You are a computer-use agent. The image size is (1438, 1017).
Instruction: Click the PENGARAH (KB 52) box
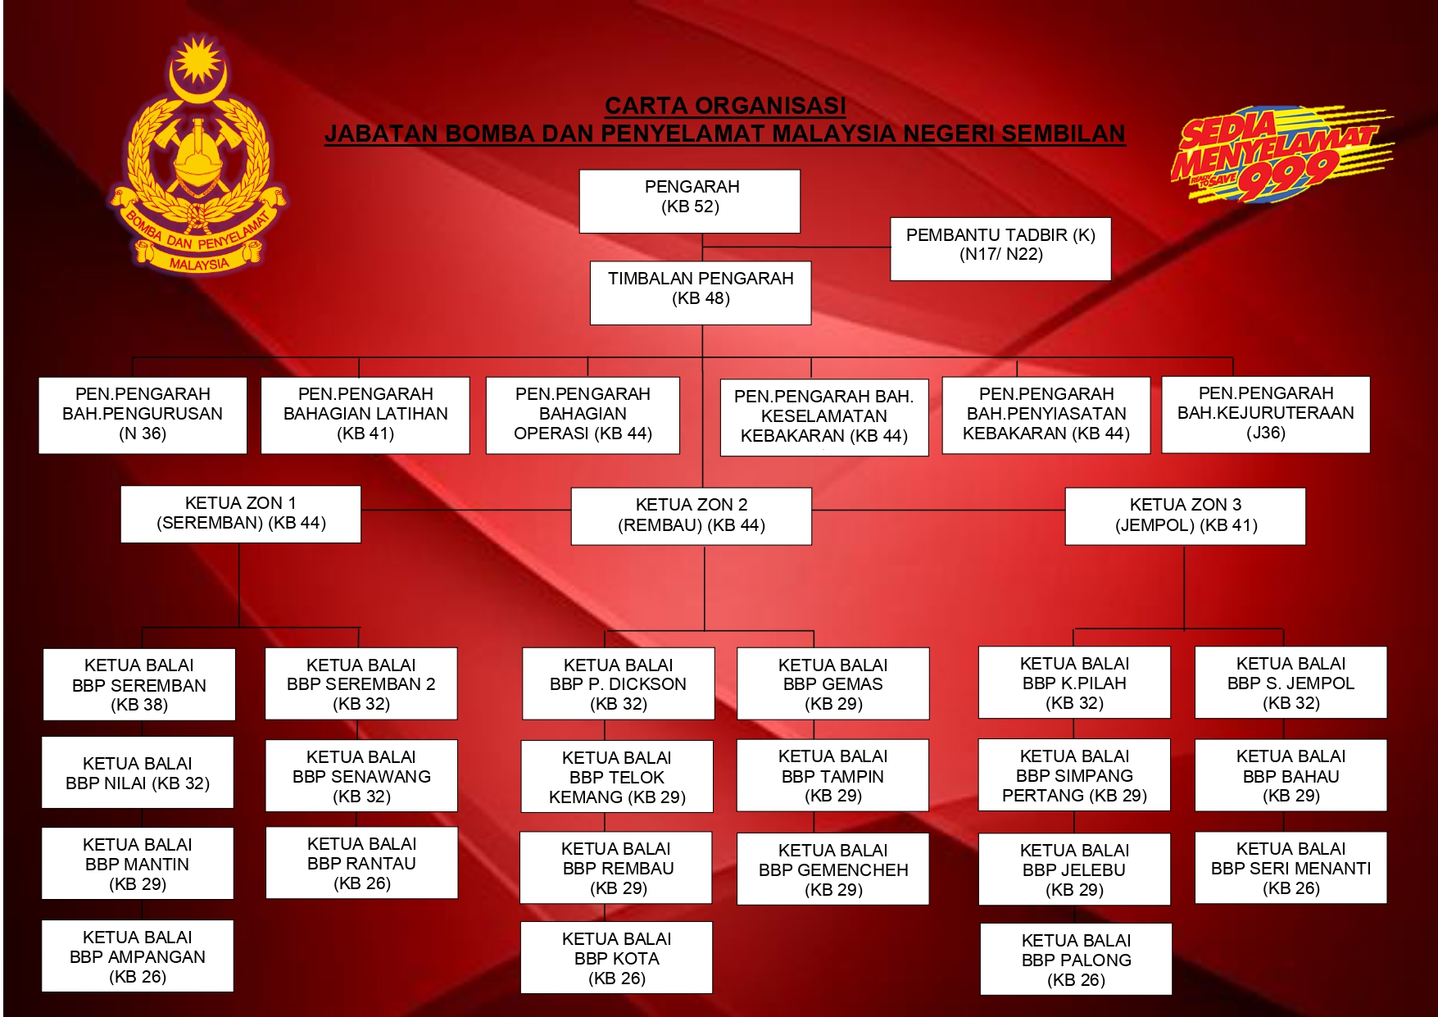(690, 201)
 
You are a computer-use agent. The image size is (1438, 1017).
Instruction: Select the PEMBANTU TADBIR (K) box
(1000, 248)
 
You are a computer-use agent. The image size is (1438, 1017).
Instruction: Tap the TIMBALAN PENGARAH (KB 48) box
(701, 292)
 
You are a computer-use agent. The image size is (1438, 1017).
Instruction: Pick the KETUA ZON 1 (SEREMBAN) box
(241, 514)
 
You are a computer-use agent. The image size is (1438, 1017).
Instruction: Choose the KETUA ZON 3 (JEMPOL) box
(1185, 515)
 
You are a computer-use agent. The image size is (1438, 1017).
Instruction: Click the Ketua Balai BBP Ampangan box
(138, 956)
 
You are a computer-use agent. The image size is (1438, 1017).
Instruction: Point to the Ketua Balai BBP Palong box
(1076, 959)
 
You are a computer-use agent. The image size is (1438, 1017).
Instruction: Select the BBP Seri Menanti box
(1291, 868)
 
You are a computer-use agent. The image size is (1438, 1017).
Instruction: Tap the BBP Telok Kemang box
(617, 776)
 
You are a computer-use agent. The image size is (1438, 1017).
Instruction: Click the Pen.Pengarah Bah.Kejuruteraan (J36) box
(1265, 414)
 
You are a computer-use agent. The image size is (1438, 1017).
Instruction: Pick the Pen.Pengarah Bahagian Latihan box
(365, 415)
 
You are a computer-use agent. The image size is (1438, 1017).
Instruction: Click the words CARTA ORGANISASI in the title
(725, 106)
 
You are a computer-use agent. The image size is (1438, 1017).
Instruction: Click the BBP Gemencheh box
(832, 869)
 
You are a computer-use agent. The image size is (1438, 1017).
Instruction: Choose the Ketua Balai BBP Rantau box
(361, 863)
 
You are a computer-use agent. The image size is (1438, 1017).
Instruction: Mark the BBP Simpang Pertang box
(1074, 775)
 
